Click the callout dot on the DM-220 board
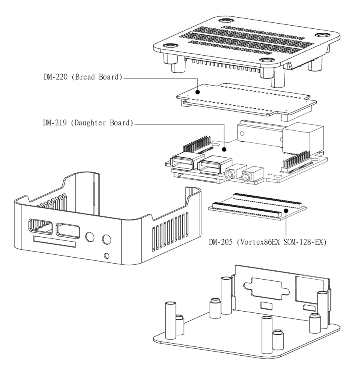[x=197, y=92]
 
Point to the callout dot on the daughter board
[x=224, y=150]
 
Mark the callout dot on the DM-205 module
[x=286, y=210]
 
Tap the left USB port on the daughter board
[x=182, y=162]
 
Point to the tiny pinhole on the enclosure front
[x=106, y=255]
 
